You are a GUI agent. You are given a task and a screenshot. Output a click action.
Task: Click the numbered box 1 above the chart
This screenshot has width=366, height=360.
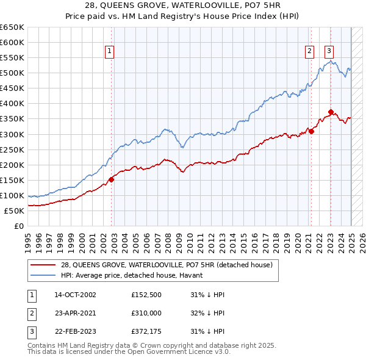coord(109,52)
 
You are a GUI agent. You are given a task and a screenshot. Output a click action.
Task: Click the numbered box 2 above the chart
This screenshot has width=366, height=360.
coord(309,52)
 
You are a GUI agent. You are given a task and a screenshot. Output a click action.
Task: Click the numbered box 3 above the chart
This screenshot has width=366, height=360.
coord(329,52)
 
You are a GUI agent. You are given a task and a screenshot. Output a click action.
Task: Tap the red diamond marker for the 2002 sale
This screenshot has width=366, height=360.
coord(112,179)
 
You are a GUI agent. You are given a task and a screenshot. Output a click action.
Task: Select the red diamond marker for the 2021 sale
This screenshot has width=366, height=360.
coord(311,131)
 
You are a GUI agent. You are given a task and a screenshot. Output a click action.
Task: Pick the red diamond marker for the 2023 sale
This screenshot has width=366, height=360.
coord(331,112)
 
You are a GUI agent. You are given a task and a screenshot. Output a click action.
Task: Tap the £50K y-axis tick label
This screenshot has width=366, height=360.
coord(15,211)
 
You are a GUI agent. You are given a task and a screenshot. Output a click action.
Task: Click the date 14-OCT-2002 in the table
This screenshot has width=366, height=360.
coord(75,295)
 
